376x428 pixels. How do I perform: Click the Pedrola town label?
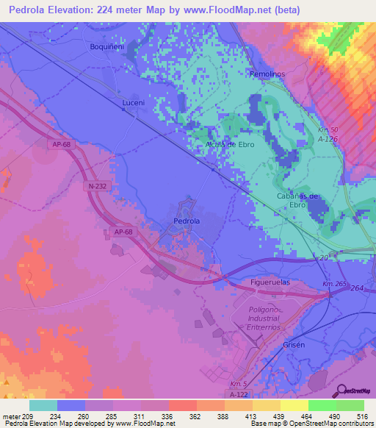187,221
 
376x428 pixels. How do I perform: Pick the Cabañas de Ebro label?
297,200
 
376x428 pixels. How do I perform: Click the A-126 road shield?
328,138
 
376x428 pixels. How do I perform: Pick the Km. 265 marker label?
334,285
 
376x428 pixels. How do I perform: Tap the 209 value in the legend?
28,416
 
